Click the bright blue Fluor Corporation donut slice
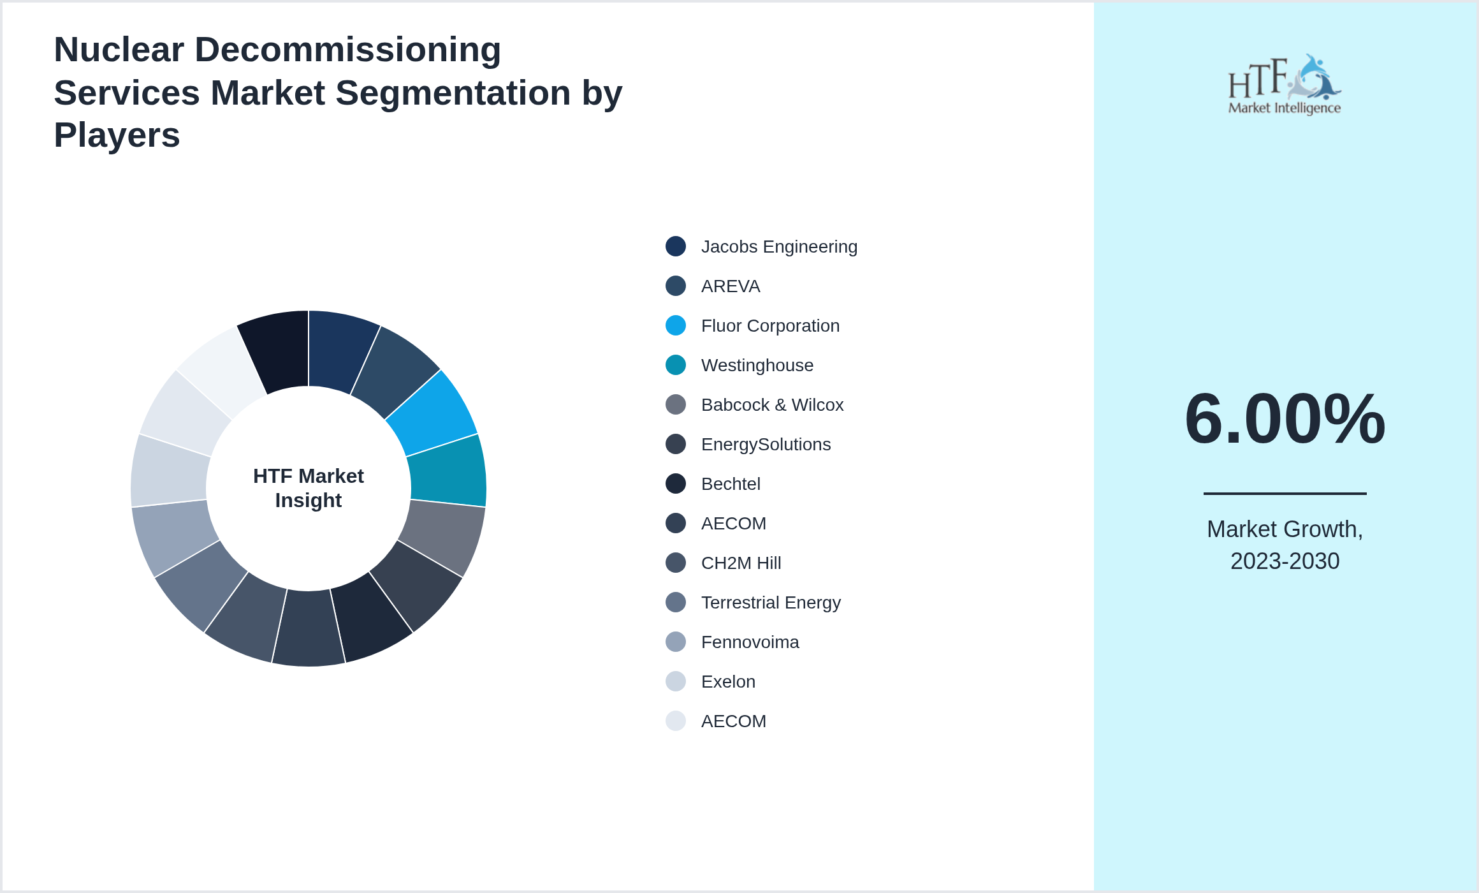tap(433, 411)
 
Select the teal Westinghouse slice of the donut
tap(448, 471)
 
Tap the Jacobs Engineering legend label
tap(778, 247)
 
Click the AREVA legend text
tap(730, 286)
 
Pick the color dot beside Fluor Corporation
tap(675, 326)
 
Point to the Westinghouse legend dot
tap(675, 365)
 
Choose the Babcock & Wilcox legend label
tap(771, 405)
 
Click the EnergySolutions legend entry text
tap(765, 445)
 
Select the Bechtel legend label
tap(730, 484)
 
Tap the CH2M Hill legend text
tap(740, 563)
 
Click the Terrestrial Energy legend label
tap(770, 603)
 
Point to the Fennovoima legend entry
tap(749, 642)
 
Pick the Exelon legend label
tap(727, 682)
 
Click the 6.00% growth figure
tap(1284, 419)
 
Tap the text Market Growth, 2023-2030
tap(1284, 545)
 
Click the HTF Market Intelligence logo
tap(1284, 85)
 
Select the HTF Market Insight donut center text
tap(309, 488)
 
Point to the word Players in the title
tap(117, 135)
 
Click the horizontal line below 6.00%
tap(1284, 493)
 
